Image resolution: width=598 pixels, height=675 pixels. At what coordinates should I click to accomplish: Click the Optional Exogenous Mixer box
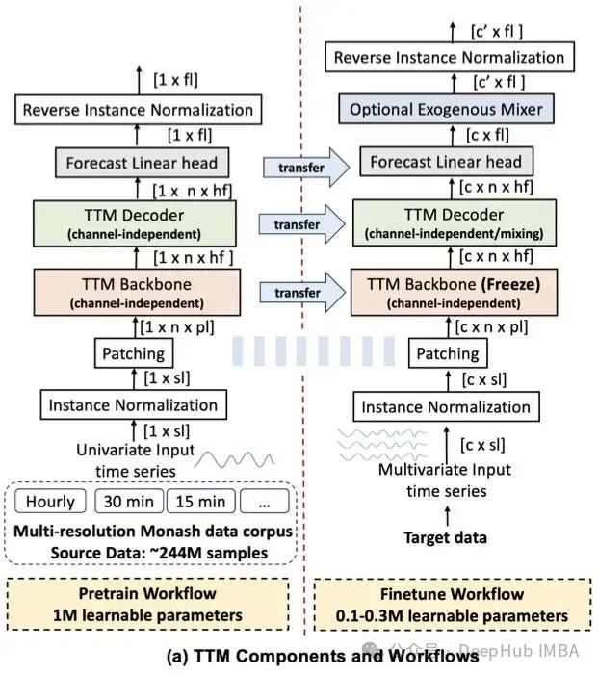pyautogui.click(x=446, y=110)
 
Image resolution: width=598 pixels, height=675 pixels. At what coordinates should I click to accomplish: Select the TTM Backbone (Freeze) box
pyautogui.click(x=446, y=291)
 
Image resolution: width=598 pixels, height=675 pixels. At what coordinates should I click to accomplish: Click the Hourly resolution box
pyautogui.click(x=50, y=502)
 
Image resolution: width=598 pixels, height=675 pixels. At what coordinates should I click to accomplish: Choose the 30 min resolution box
pyautogui.click(x=126, y=502)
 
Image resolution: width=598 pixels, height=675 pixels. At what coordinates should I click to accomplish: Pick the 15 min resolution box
pyautogui.click(x=202, y=502)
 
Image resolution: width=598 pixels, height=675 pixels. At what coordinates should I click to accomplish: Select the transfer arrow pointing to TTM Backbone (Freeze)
pyautogui.click(x=301, y=291)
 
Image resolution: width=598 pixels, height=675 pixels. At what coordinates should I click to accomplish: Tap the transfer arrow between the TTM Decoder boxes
pyautogui.click(x=301, y=224)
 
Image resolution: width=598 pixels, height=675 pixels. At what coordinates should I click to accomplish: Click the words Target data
pyautogui.click(x=445, y=536)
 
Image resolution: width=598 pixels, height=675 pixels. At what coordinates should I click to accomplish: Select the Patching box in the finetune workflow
pyautogui.click(x=446, y=354)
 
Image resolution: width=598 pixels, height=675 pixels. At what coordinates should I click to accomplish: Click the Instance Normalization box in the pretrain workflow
pyautogui.click(x=134, y=404)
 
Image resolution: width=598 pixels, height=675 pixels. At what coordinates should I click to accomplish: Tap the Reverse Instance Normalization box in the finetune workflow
pyautogui.click(x=449, y=58)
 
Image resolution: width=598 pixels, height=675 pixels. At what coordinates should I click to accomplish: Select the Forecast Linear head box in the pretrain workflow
pyautogui.click(x=136, y=162)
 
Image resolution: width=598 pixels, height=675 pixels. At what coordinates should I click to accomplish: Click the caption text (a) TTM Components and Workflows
pyautogui.click(x=299, y=659)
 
